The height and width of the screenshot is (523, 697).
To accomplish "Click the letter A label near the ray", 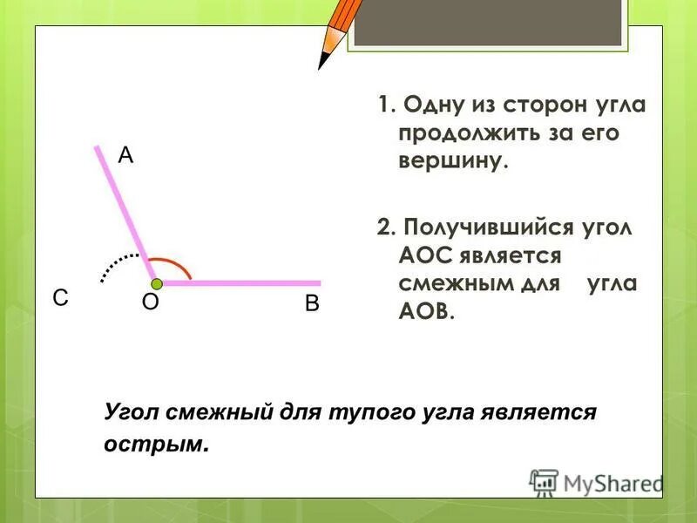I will point(125,155).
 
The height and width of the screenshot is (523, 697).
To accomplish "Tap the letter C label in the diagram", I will point(59,298).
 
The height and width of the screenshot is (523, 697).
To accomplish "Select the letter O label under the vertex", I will point(150,302).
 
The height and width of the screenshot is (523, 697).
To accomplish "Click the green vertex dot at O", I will point(156,283).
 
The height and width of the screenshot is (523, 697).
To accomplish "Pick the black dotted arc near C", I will point(116,264).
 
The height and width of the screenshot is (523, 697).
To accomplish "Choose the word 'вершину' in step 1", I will point(452,161).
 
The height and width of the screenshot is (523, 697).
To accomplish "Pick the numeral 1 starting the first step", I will point(382,106).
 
